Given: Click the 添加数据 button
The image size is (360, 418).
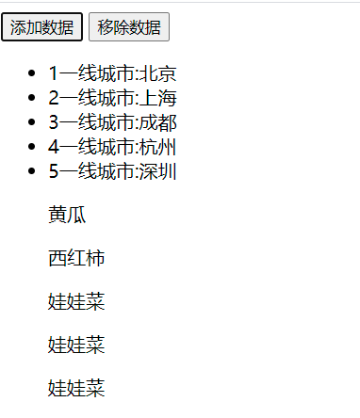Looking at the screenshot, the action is coord(41,27).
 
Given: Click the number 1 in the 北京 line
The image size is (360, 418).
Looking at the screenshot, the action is coord(54,73).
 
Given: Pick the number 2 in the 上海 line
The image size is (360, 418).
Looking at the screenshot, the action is coord(54,98).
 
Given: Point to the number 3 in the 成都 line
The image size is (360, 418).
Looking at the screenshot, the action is coord(54,122).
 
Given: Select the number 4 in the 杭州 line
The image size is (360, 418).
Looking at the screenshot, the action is coord(54,147).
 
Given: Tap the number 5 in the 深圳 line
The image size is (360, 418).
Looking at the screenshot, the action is coord(54,171).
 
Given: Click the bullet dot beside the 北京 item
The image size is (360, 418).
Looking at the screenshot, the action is coord(34,73).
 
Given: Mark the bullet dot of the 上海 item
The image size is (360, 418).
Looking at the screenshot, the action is coord(34,98).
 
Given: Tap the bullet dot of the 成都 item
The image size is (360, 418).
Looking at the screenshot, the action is coord(34,122).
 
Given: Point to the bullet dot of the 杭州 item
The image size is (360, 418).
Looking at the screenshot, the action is coord(34,147).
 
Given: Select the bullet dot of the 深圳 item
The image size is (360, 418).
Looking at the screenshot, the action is coord(34,171).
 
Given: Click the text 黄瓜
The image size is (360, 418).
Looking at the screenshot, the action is coord(67,215).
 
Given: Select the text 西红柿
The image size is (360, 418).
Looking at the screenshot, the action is coord(76,258).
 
